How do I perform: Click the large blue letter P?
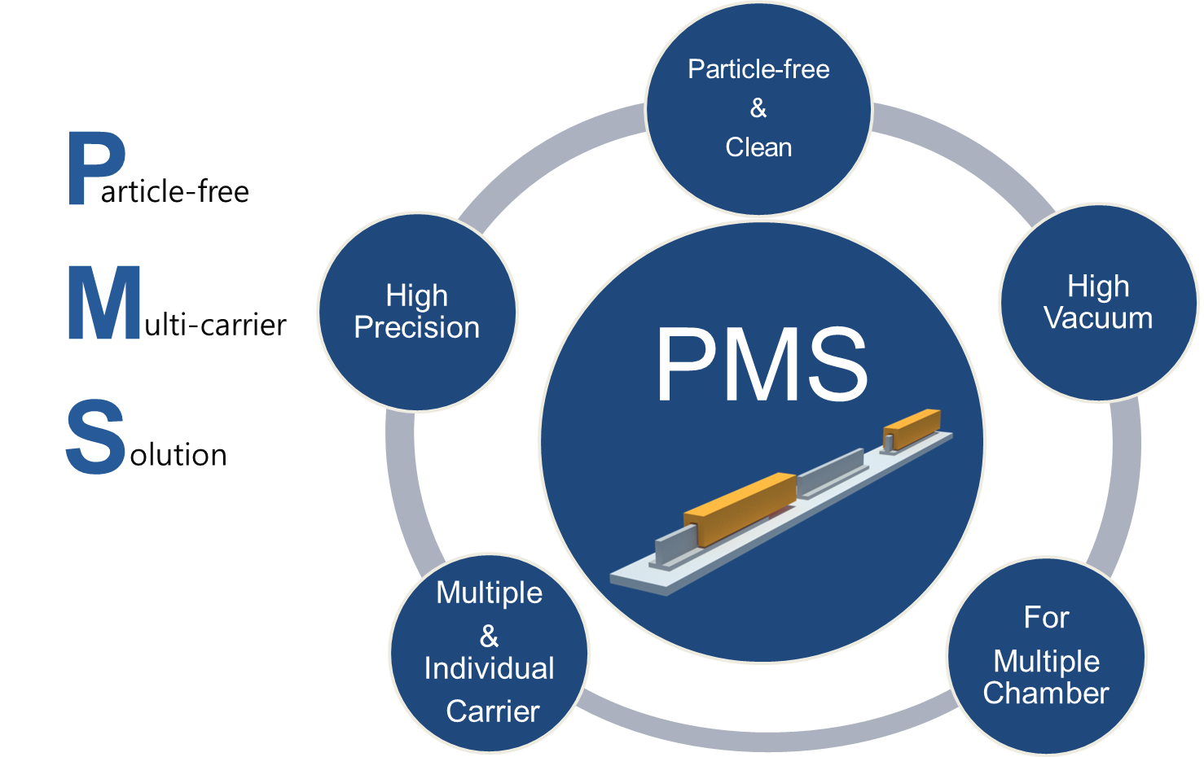(x=94, y=168)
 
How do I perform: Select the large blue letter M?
(x=103, y=303)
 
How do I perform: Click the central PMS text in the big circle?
(x=762, y=365)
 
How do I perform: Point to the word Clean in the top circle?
(x=758, y=147)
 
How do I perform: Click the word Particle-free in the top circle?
(x=758, y=69)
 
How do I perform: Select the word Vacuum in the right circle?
(x=1098, y=318)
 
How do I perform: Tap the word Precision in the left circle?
(x=417, y=327)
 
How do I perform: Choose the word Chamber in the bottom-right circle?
(x=1046, y=693)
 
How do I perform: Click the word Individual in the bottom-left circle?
(x=489, y=668)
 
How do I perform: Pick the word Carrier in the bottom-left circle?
(x=493, y=711)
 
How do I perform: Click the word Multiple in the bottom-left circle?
(x=489, y=593)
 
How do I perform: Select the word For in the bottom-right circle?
(x=1046, y=618)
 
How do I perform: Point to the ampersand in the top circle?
(x=758, y=108)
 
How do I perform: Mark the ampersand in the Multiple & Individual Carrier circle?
(x=489, y=635)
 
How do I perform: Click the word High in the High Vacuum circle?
(x=1098, y=287)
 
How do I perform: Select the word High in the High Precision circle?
(x=417, y=295)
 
